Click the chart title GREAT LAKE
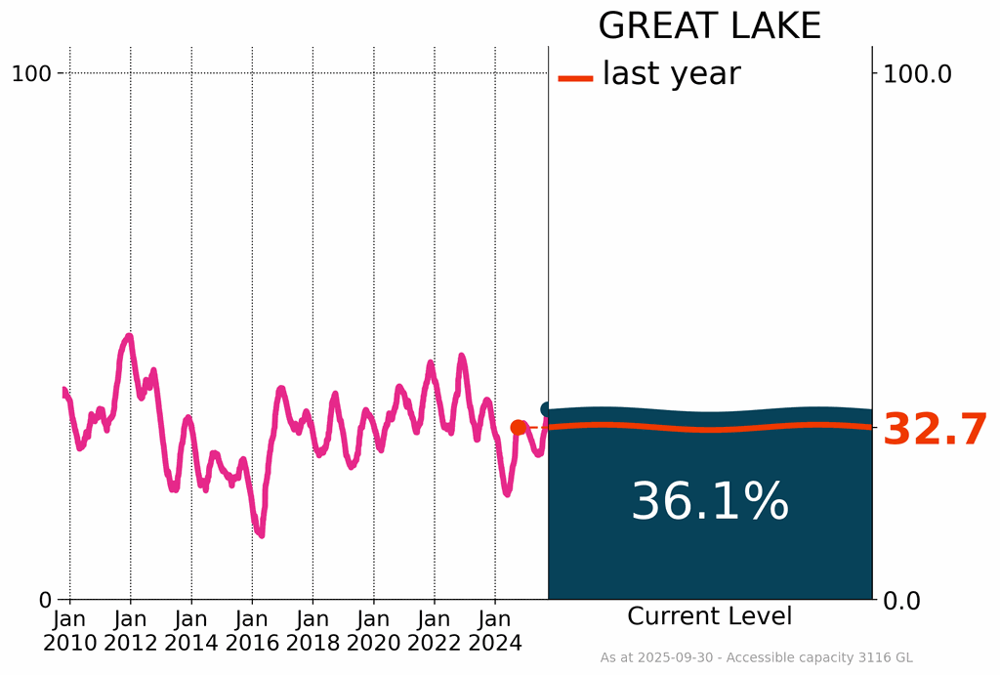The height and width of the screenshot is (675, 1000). tap(709, 26)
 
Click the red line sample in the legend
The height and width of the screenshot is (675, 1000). tap(575, 77)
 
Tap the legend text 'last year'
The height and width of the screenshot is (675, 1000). tap(671, 74)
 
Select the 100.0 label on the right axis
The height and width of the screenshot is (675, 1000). tap(917, 73)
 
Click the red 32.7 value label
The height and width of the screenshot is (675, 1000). tap(935, 430)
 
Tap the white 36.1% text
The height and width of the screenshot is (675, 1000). tap(710, 502)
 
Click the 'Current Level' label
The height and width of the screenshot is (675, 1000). tap(710, 616)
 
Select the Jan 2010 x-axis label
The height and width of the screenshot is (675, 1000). tap(70, 630)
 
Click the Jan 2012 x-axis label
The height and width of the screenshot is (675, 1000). tap(131, 630)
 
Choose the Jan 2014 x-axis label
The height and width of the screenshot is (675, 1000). tap(191, 630)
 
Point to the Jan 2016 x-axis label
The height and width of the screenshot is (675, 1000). tap(252, 630)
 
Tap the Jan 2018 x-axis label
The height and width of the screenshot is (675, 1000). tap(312, 630)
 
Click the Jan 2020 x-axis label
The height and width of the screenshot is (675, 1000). tap(373, 630)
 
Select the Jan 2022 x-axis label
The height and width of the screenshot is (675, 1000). tap(435, 630)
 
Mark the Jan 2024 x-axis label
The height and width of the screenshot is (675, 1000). tap(495, 630)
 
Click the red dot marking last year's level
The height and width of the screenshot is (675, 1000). tap(519, 427)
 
